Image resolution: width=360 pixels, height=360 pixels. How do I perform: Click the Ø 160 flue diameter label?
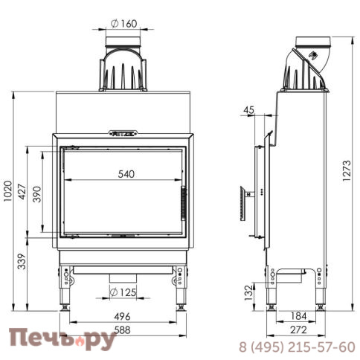pyautogui.click(x=123, y=22)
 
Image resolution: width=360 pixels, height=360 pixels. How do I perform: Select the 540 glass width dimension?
pyautogui.click(x=126, y=174)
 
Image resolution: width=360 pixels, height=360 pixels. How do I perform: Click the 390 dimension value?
pyautogui.click(x=37, y=193)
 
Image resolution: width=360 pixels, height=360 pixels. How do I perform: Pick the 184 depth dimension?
pyautogui.click(x=298, y=316)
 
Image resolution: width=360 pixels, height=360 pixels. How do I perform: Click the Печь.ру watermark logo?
pyautogui.click(x=61, y=341)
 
